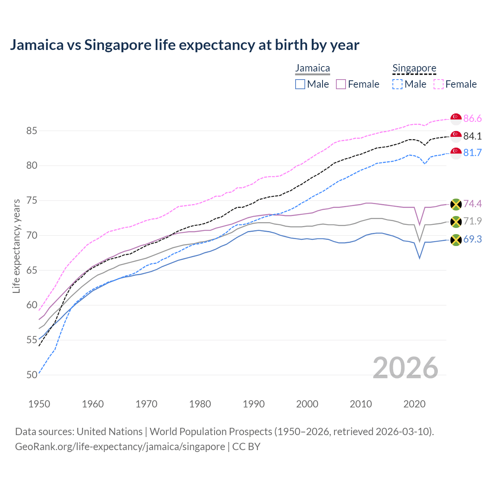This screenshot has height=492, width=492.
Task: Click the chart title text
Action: pos(184,45)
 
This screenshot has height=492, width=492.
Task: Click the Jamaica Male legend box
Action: pos(300,84)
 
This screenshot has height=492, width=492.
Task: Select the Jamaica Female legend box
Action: pos(341,84)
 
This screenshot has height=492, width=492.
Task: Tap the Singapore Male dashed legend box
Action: pos(397,84)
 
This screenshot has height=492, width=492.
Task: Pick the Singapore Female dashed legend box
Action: pos(438,84)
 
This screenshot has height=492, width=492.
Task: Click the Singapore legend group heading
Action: pos(414,68)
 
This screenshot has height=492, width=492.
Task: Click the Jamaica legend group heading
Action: pos(312,68)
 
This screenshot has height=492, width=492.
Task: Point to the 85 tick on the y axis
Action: pos(32,131)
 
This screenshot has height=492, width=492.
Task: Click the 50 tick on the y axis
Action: pos(32,375)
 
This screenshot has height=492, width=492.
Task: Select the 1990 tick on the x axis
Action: pos(254,404)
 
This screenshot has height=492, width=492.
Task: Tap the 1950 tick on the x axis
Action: pos(39,404)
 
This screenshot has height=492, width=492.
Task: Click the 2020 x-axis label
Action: pos(414,404)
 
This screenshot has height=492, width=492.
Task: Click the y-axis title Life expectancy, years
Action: pos(16,246)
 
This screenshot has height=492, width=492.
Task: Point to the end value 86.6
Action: pos(472,119)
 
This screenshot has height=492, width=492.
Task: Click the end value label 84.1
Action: pos(472,136)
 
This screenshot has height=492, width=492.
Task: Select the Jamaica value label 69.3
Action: pos(472,239)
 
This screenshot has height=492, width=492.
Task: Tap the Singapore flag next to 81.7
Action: pos(456,153)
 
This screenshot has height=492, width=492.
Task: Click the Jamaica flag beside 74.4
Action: pos(456,204)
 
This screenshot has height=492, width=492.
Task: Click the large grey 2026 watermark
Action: pos(406,368)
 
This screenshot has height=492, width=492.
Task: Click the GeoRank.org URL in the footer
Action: pos(120,447)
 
